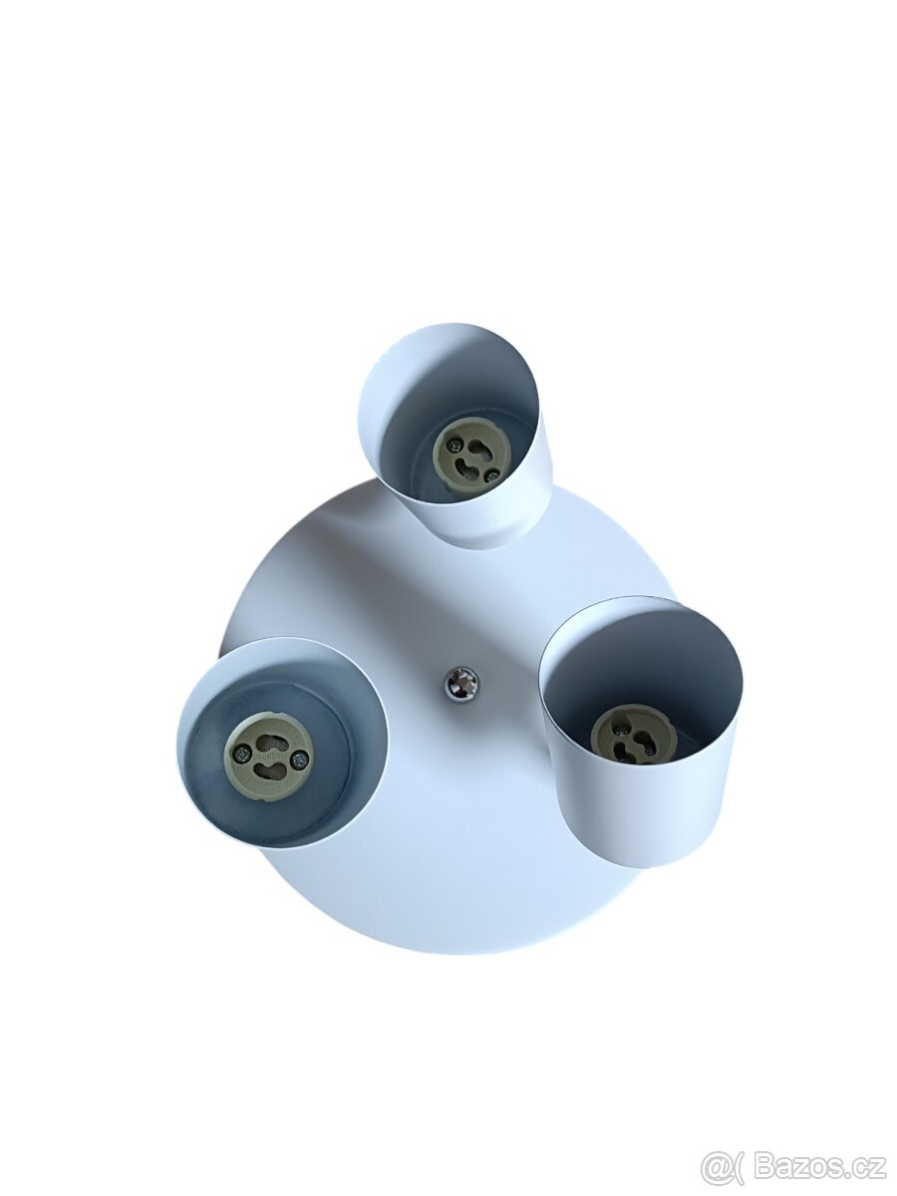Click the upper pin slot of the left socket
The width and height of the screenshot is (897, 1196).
pos(266,742)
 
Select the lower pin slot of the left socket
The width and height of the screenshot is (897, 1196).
pos(266,768)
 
